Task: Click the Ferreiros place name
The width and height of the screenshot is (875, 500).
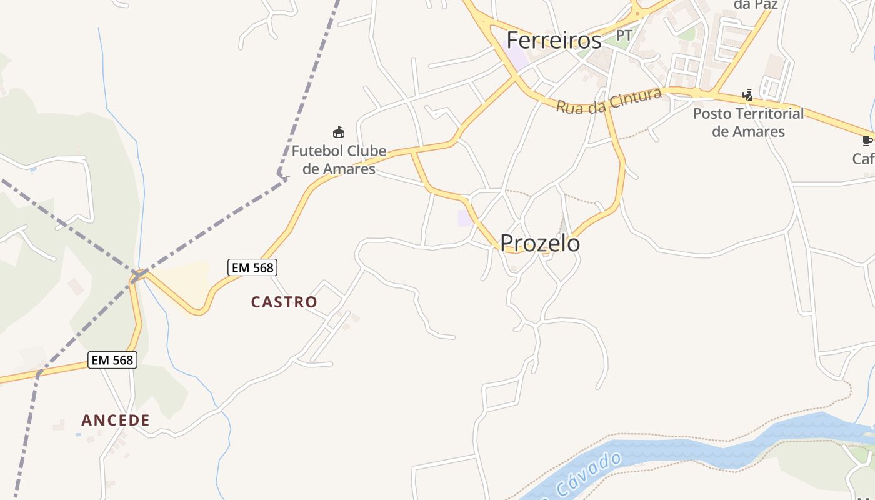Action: pos(554,41)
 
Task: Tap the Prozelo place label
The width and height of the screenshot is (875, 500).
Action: pos(540,243)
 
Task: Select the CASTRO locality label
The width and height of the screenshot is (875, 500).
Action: pos(284,302)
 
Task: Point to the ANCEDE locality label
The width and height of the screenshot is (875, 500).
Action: pos(116,421)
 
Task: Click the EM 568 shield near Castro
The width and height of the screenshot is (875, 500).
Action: pos(252,268)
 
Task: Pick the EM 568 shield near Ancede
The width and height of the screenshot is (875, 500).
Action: pos(112,360)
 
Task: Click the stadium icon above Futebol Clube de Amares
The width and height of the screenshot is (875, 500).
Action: pos(339,132)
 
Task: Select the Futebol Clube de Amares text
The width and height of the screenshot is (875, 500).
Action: pos(339,160)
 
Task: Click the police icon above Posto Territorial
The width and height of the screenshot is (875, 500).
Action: pos(748,95)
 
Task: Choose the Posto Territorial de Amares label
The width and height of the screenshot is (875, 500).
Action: pos(749,122)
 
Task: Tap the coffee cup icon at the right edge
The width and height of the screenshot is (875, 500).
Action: pos(867,141)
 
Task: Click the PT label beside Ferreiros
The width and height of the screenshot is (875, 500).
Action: pos(624,36)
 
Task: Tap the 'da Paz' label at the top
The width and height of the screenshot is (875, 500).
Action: pos(755,5)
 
